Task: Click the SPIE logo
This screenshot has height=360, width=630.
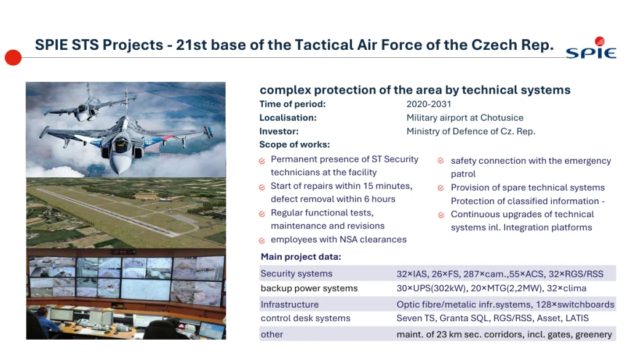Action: coord(591,48)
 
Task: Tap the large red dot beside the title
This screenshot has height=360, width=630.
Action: coord(13,57)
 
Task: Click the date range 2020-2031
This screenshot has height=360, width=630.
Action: coord(429,104)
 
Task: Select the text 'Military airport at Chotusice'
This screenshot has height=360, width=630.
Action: coord(465,118)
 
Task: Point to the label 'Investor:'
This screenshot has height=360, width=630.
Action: coord(279,131)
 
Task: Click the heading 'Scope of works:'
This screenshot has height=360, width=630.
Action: coord(295,145)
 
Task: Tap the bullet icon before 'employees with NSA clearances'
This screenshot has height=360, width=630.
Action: coord(262,241)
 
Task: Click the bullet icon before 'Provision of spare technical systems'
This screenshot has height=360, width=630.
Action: coord(441,188)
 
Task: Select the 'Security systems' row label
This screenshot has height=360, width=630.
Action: coord(297,274)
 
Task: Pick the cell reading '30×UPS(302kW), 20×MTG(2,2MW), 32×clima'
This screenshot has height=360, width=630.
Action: coord(492,289)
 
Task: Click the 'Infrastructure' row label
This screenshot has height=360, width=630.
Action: coord(290,305)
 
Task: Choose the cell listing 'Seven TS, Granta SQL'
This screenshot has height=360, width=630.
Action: coord(493,318)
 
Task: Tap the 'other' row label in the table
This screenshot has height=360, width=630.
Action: coord(271,334)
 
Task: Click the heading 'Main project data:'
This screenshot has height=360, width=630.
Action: coord(301,257)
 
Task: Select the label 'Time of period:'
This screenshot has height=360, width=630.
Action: coord(292,104)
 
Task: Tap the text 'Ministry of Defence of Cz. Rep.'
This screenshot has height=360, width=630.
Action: coord(471,131)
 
